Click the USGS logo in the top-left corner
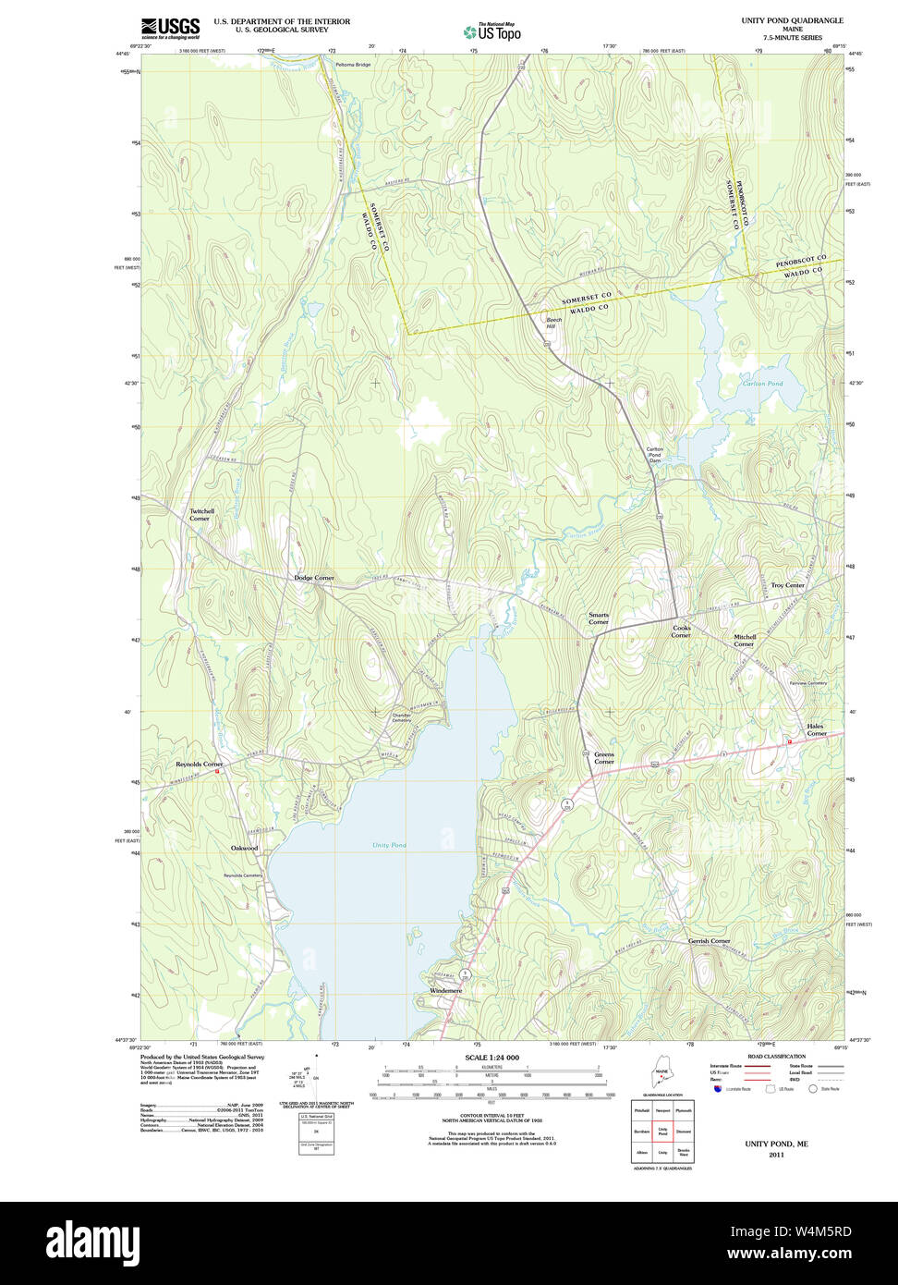click(170, 27)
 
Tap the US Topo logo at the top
click(491, 31)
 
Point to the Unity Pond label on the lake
click(389, 845)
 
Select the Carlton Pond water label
click(762, 384)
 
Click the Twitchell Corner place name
click(201, 515)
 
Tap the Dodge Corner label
click(314, 578)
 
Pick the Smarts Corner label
click(599, 618)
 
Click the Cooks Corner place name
click(681, 631)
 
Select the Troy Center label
click(787, 585)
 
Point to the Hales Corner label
click(817, 729)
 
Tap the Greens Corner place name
click(603, 758)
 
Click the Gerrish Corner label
click(709, 941)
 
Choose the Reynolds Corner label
click(200, 765)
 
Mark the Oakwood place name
click(245, 848)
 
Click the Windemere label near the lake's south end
click(445, 990)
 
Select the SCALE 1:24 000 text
click(491, 1058)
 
